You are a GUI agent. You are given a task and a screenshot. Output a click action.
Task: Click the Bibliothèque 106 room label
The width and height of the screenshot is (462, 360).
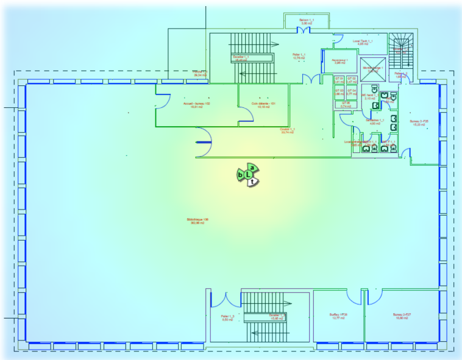(x=197, y=221)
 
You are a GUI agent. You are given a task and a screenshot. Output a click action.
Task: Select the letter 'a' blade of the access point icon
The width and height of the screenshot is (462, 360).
(x=252, y=168)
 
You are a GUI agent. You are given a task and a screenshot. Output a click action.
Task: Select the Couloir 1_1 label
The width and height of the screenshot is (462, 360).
(x=287, y=130)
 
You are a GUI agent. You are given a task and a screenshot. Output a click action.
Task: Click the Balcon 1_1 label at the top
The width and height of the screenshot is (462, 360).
(x=306, y=21)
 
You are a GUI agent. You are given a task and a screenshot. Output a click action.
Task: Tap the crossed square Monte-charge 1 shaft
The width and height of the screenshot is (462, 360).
(x=373, y=68)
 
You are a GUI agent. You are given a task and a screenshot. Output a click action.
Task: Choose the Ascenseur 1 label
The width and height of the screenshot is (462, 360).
(x=339, y=62)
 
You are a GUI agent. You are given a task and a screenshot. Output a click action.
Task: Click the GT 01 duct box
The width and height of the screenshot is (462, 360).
(x=339, y=80)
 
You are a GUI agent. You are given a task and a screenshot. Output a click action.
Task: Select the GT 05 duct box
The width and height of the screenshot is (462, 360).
(x=346, y=105)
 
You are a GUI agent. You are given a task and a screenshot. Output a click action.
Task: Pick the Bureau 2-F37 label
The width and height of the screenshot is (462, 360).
(x=402, y=316)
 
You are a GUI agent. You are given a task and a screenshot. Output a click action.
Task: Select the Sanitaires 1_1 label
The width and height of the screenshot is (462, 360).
(x=375, y=121)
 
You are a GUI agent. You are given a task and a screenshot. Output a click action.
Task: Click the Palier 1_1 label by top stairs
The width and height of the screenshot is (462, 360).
(x=299, y=55)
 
